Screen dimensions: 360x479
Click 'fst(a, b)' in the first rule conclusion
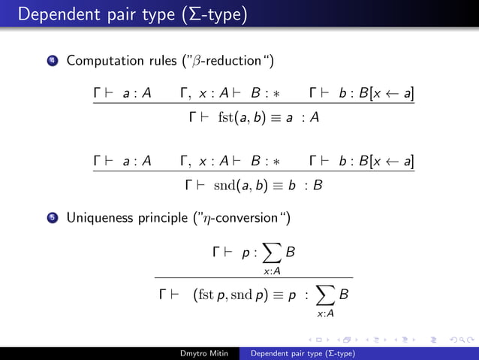[236, 117]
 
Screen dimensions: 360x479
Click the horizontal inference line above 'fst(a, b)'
[254, 104]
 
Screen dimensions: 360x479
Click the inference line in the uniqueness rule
[254, 277]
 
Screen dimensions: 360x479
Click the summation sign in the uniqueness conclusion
[326, 295]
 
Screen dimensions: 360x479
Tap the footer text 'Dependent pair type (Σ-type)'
[303, 353]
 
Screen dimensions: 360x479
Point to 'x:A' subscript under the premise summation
[273, 271]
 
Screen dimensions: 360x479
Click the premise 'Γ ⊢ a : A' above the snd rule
[122, 160]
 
